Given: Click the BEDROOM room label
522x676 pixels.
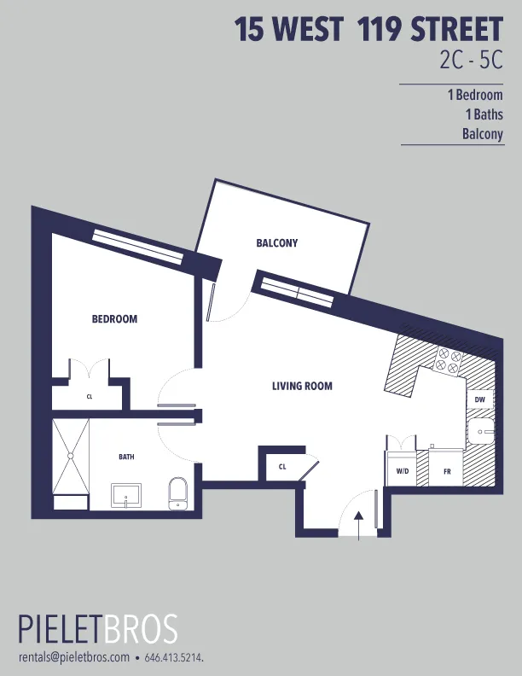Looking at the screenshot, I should click(114, 319).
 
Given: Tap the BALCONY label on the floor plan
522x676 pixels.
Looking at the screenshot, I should click(277, 243).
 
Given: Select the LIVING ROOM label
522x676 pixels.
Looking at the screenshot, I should click(302, 387).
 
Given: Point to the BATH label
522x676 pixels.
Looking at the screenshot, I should click(126, 457).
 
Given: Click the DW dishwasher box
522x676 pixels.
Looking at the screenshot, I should click(479, 399).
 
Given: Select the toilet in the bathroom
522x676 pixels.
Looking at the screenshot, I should click(177, 492).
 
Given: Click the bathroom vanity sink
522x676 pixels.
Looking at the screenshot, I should click(127, 495).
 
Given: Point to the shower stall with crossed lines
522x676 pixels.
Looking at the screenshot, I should click(70, 456).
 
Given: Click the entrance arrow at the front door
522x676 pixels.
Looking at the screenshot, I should click(359, 523).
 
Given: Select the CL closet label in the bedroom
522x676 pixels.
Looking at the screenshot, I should click(90, 397).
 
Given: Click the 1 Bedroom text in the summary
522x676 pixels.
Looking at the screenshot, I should click(475, 96).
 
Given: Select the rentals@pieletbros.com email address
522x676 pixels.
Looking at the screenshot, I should click(74, 657).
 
